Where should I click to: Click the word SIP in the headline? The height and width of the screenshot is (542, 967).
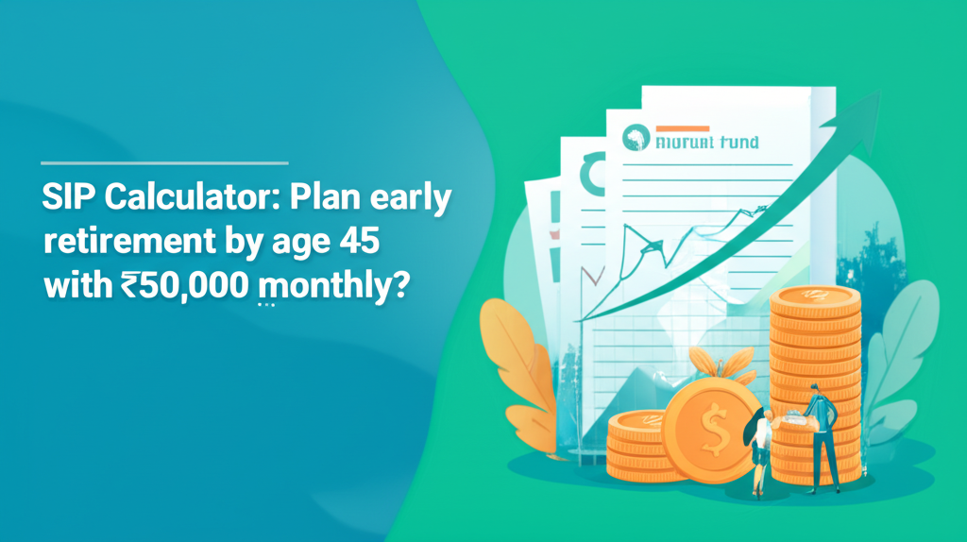pyautogui.click(x=69, y=199)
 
